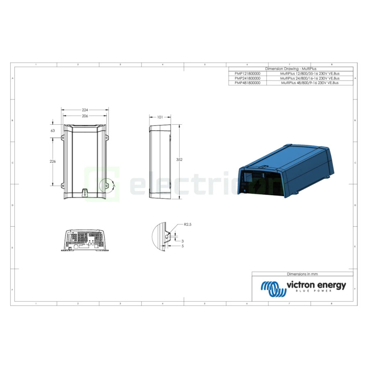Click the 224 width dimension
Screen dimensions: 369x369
tap(85, 110)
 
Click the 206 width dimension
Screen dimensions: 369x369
tap(85, 116)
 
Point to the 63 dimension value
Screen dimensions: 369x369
tap(52, 130)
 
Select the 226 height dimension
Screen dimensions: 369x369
tap(52, 162)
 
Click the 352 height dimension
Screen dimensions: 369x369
tap(179, 159)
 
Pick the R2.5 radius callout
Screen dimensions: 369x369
tap(188, 225)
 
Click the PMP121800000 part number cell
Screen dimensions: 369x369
tap(247, 73)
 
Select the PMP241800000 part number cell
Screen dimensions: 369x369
tap(247, 78)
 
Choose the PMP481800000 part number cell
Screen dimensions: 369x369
tap(247, 83)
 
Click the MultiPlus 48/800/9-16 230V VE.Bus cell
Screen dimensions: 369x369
tap(310, 83)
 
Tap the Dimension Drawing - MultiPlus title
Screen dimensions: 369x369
tap(291, 69)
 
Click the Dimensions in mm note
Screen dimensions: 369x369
tap(302, 274)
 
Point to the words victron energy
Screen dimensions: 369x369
tap(316, 285)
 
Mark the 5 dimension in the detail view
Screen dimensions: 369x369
tap(182, 246)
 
